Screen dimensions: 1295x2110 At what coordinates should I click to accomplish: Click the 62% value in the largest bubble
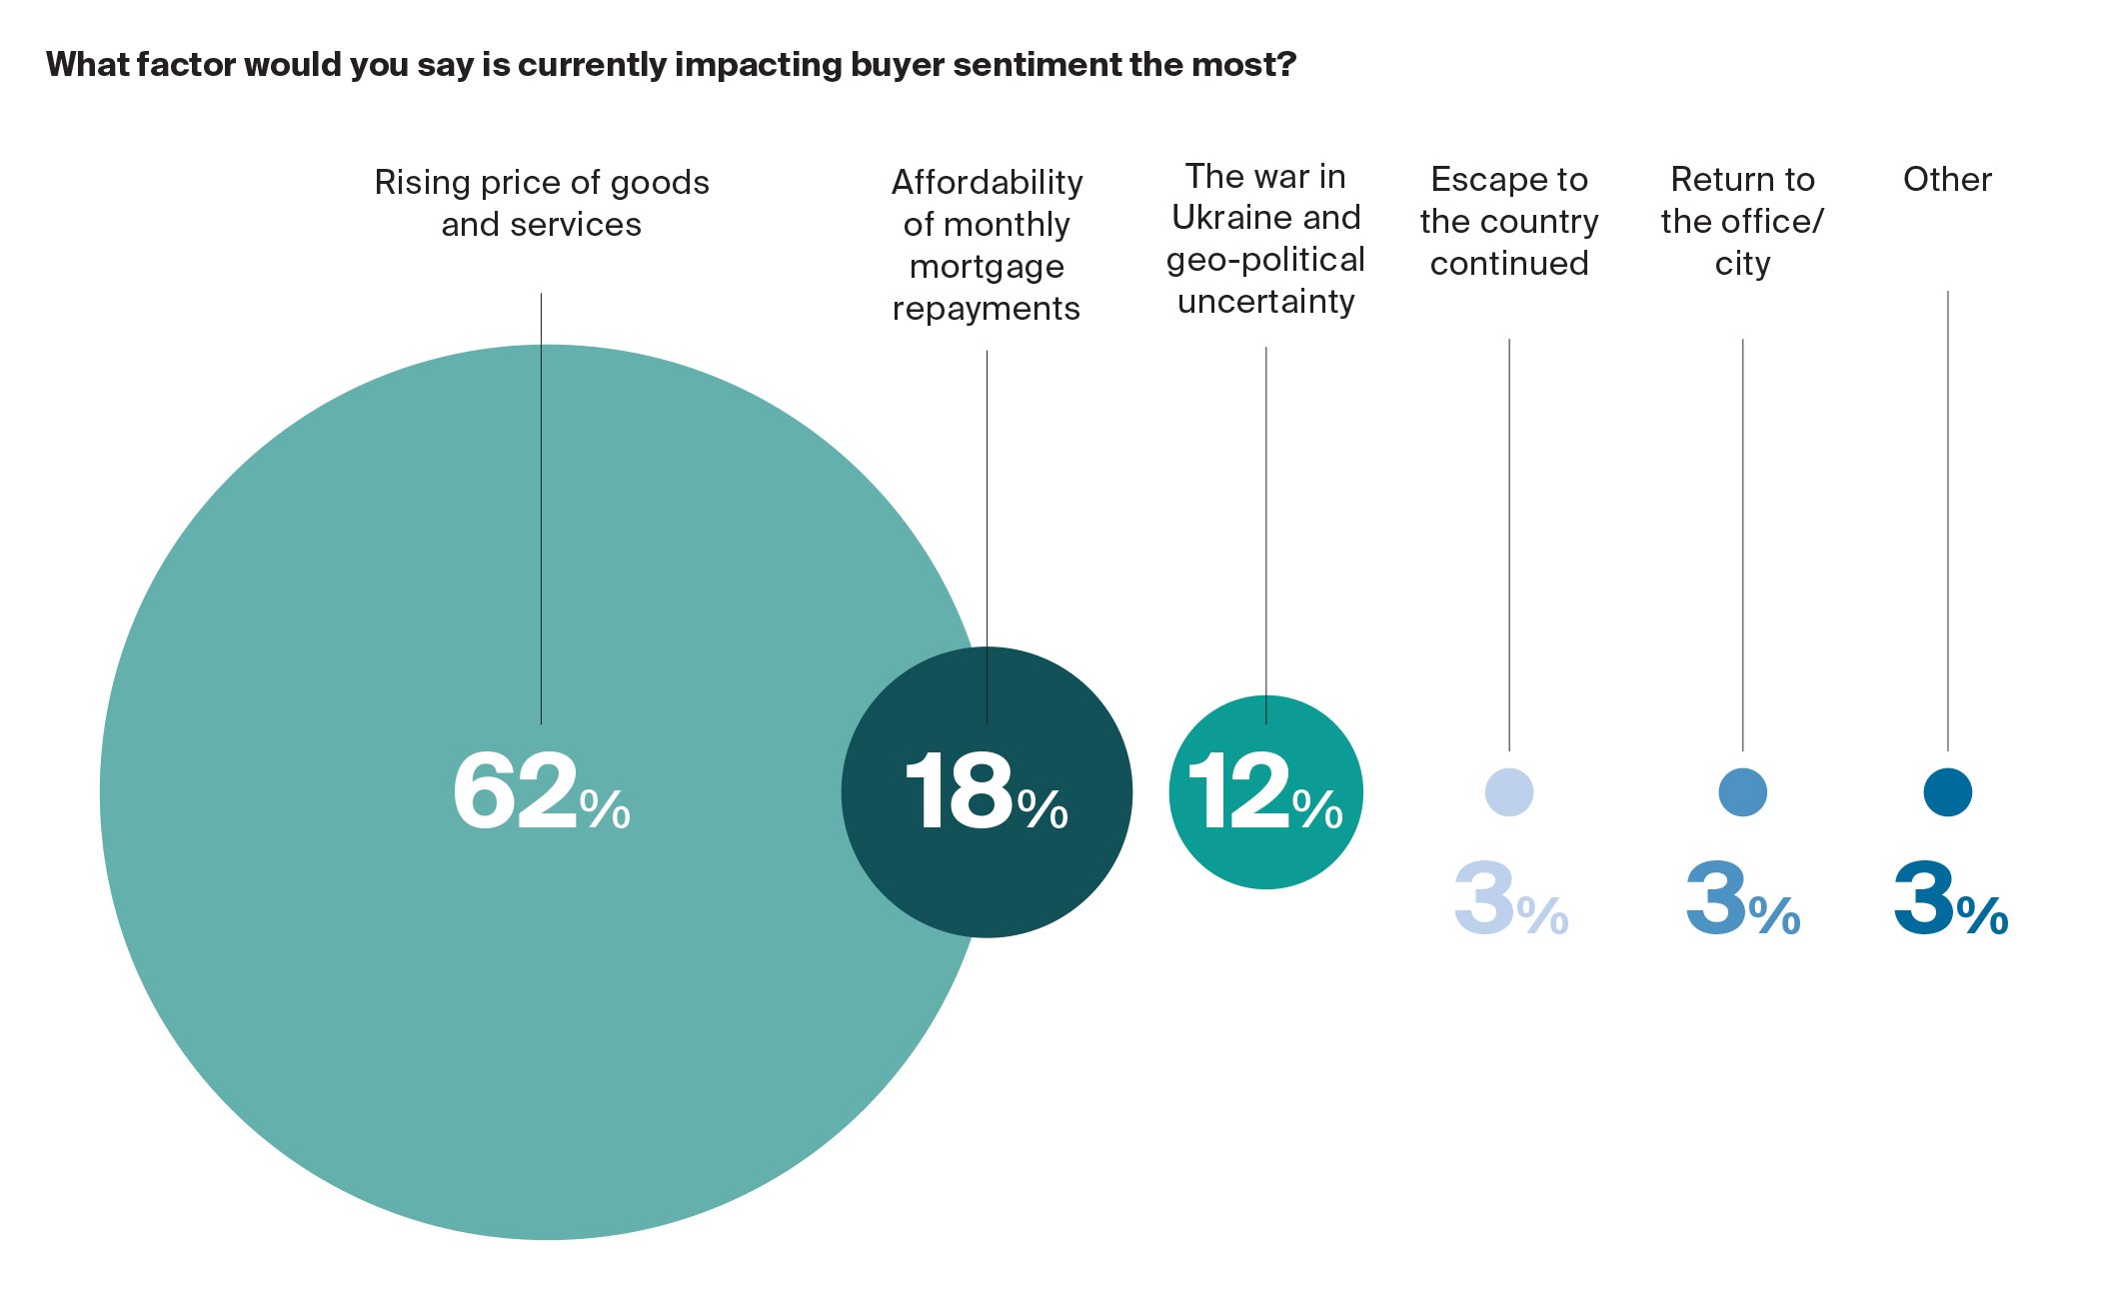pyautogui.click(x=541, y=792)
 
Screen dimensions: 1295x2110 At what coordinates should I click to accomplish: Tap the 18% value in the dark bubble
pyautogui.click(x=986, y=792)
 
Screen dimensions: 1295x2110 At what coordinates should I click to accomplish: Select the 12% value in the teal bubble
pyautogui.click(x=1264, y=792)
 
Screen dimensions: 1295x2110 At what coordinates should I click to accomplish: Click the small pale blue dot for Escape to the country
pyautogui.click(x=1508, y=792)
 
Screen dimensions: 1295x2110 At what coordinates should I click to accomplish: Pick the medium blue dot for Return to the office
pyautogui.click(x=1742, y=792)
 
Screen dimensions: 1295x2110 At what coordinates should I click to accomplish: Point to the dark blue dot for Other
pyautogui.click(x=1947, y=792)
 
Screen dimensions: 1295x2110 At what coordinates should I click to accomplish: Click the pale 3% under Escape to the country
pyautogui.click(x=1509, y=899)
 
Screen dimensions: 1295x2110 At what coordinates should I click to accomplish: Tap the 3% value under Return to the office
pyautogui.click(x=1742, y=899)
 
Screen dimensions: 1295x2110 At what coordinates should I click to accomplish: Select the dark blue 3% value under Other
pyautogui.click(x=1950, y=899)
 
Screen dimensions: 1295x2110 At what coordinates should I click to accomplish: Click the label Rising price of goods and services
pyautogui.click(x=541, y=203)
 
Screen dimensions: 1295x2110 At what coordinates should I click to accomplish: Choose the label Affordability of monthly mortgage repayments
pyautogui.click(x=987, y=245)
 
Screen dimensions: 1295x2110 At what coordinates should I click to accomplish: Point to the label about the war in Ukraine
pyautogui.click(x=1265, y=239)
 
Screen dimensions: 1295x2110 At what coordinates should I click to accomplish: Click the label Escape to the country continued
pyautogui.click(x=1508, y=221)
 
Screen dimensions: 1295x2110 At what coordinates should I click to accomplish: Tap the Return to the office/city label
pyautogui.click(x=1742, y=221)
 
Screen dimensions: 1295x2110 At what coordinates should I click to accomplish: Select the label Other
pyautogui.click(x=1947, y=179)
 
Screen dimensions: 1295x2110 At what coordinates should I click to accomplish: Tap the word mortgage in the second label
pyautogui.click(x=987, y=267)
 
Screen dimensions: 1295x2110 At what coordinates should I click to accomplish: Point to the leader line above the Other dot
pyautogui.click(x=1947, y=520)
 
